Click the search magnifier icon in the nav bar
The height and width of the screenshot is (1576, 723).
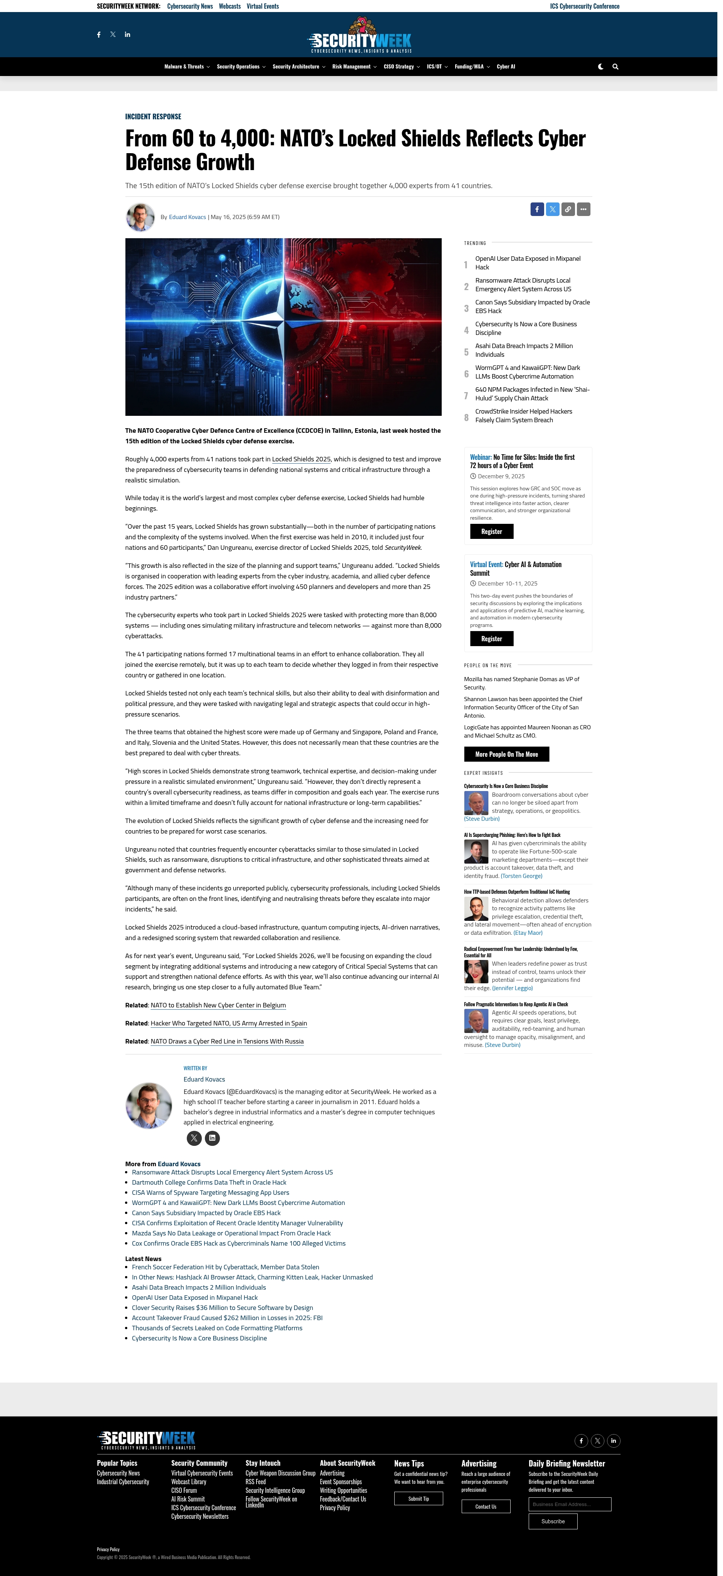pyautogui.click(x=615, y=67)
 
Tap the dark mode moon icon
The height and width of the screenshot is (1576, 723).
pyautogui.click(x=601, y=67)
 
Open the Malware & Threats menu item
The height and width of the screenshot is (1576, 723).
pyautogui.click(x=184, y=67)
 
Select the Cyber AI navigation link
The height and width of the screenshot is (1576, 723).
pyautogui.click(x=506, y=67)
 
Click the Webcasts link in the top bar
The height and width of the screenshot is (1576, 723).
pyautogui.click(x=230, y=6)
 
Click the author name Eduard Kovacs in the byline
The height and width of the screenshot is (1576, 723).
pyautogui.click(x=187, y=217)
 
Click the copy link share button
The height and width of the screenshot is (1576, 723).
pyautogui.click(x=568, y=209)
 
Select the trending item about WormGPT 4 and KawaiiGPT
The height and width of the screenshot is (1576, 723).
pyautogui.click(x=527, y=372)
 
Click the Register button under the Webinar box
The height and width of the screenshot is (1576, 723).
pyautogui.click(x=491, y=532)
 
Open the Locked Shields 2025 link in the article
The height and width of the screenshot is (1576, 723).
pyautogui.click(x=301, y=459)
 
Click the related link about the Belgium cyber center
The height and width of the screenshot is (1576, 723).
pyautogui.click(x=218, y=1005)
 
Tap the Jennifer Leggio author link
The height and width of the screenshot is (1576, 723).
pyautogui.click(x=513, y=988)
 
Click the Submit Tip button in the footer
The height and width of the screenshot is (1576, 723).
pyautogui.click(x=418, y=1498)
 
